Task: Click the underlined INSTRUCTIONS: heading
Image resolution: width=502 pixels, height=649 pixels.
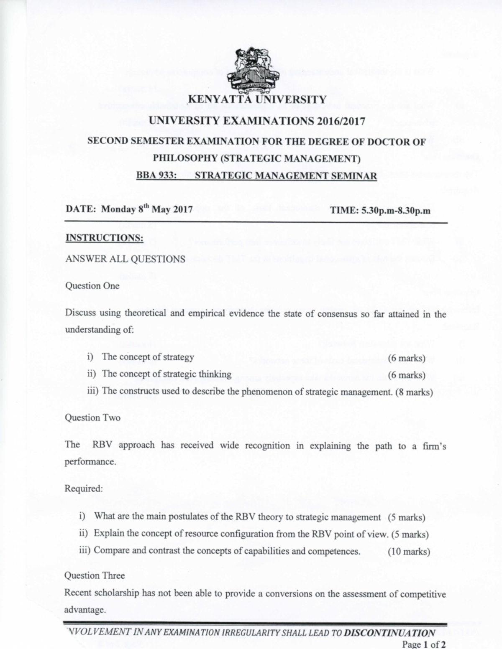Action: [105, 238]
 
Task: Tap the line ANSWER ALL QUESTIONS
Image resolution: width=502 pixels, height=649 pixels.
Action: [125, 259]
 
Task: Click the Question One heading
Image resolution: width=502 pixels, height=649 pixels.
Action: [92, 286]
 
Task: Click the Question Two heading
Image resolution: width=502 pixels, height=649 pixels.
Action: [92, 417]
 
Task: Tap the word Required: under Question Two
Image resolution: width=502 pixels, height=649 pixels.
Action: [83, 489]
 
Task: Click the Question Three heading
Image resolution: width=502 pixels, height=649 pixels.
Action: [94, 575]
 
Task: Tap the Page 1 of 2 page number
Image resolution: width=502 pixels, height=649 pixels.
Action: [423, 644]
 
